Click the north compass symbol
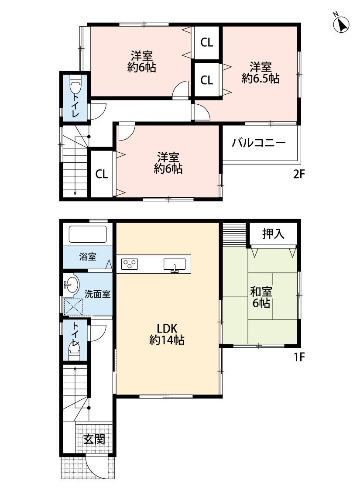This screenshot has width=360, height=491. [341, 24]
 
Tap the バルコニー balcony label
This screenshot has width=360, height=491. [259, 143]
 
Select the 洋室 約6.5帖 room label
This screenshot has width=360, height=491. [261, 72]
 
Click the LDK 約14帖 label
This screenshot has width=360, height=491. [167, 334]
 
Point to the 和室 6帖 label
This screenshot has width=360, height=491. [261, 298]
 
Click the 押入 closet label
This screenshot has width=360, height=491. [273, 233]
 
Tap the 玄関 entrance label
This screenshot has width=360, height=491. [94, 439]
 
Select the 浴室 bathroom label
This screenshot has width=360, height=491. [88, 257]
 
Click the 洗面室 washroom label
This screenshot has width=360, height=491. [97, 294]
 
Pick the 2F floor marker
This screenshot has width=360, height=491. [299, 174]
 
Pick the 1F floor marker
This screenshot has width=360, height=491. [299, 357]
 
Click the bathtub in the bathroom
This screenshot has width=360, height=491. [88, 234]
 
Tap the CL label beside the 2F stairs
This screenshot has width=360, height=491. [101, 174]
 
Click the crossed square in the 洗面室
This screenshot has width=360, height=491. [73, 307]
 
